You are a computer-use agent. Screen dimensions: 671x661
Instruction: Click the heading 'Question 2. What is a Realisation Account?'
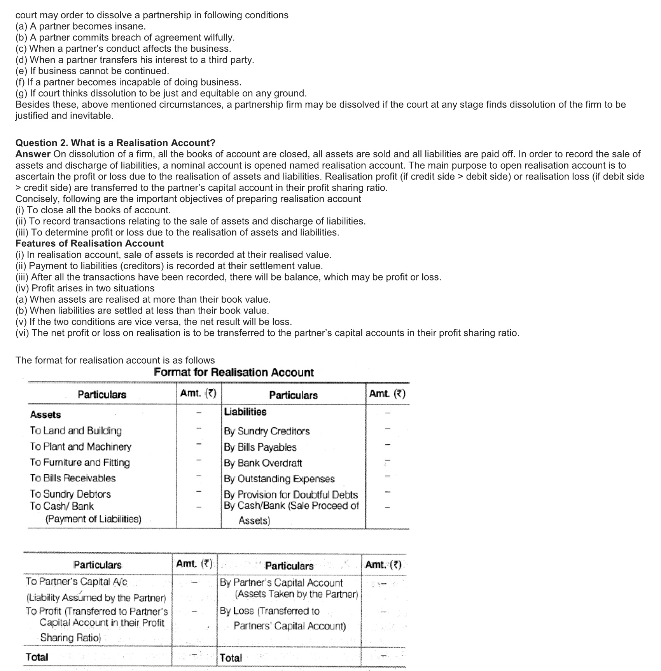pyautogui.click(x=115, y=143)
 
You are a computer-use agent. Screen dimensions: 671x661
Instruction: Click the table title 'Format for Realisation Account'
pyautogui.click(x=234, y=372)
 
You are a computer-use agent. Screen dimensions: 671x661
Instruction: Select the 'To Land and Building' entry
pyautogui.click(x=76, y=430)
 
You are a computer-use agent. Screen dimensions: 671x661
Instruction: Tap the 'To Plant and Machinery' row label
pyautogui.click(x=80, y=446)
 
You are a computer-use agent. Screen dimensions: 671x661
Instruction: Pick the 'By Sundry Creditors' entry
pyautogui.click(x=267, y=431)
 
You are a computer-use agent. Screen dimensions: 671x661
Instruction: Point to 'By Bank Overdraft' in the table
pyautogui.click(x=262, y=463)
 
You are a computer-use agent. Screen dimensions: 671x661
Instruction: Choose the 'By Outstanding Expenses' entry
pyautogui.click(x=279, y=479)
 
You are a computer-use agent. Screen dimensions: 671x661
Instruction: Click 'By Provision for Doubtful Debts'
pyautogui.click(x=290, y=495)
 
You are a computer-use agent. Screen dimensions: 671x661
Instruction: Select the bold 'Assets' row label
pyautogui.click(x=45, y=415)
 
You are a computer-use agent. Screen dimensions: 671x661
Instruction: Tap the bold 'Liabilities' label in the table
pyautogui.click(x=245, y=411)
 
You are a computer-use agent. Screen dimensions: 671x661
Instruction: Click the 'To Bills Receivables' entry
pyautogui.click(x=73, y=478)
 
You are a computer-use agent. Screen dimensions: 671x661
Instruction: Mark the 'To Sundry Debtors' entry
pyautogui.click(x=70, y=494)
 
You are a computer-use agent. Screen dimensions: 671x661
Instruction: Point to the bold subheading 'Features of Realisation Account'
pyautogui.click(x=89, y=243)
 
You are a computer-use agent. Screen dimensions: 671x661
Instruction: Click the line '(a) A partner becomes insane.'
pyautogui.click(x=80, y=26)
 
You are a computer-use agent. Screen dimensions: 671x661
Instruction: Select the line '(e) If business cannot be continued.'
pyautogui.click(x=92, y=71)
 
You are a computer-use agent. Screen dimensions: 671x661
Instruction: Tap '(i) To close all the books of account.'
pyautogui.click(x=93, y=210)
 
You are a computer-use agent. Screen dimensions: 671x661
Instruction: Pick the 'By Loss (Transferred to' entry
pyautogui.click(x=269, y=611)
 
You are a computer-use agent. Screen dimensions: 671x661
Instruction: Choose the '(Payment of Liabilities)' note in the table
pyautogui.click(x=93, y=519)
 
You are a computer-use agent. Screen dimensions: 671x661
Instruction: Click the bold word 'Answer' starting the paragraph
pyautogui.click(x=33, y=154)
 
